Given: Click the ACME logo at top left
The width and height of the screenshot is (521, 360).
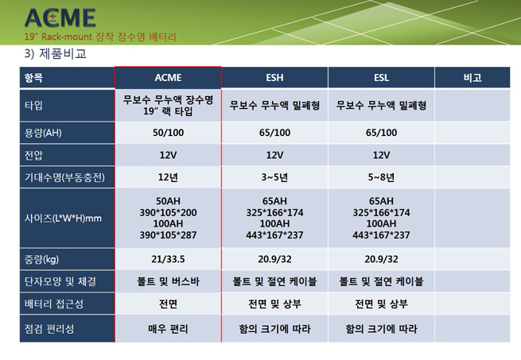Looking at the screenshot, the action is [60, 18].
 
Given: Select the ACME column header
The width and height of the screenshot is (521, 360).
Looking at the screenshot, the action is [168, 78].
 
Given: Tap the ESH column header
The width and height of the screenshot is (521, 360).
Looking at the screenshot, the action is [274, 78].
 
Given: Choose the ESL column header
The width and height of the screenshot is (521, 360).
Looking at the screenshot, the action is [381, 78].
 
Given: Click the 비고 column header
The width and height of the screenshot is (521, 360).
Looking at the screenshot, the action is [472, 78].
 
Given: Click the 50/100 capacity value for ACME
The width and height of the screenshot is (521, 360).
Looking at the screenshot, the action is [168, 133].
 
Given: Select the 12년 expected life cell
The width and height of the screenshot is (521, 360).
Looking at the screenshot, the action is [168, 177].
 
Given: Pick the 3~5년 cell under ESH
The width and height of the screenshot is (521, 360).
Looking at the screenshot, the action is [274, 177].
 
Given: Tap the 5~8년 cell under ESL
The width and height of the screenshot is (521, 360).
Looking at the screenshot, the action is [381, 177].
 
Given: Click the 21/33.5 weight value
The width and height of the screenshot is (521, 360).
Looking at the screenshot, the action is [168, 259].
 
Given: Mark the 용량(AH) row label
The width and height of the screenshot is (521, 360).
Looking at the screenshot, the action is [43, 133].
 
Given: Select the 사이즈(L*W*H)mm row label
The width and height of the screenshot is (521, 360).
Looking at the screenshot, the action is [63, 219].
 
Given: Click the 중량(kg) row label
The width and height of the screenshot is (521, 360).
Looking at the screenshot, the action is [41, 259].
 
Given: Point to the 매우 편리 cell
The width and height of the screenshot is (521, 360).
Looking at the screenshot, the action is [168, 329].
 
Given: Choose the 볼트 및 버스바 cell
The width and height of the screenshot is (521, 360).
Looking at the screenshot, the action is [168, 281].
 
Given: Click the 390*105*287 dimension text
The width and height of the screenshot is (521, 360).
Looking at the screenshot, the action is [168, 235].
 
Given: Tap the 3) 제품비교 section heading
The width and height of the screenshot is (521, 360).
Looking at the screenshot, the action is [56, 54].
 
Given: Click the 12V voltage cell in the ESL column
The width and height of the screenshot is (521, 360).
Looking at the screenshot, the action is [381, 155].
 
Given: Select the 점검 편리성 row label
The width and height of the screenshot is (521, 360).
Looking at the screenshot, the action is [49, 329].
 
